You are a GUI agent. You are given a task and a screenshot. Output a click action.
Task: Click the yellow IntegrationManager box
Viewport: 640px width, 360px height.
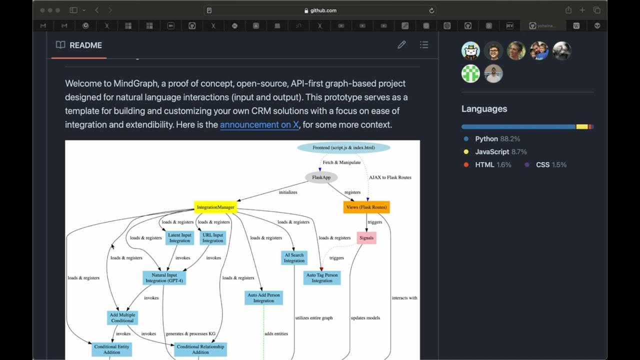point(215,207)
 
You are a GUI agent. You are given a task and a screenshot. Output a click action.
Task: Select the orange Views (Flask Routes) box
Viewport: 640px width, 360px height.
point(366,207)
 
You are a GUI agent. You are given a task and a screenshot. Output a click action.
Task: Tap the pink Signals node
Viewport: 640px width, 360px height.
point(366,238)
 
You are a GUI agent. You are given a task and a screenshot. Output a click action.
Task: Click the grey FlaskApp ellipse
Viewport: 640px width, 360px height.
point(321,177)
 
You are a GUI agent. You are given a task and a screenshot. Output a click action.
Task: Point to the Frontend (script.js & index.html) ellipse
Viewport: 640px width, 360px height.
point(343,147)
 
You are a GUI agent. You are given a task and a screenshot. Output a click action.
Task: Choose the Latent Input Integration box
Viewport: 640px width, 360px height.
point(179,238)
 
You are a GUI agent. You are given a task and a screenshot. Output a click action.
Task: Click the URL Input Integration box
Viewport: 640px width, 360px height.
point(212,238)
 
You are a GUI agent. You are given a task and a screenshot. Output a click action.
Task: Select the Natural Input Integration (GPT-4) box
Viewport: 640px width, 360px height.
point(164,278)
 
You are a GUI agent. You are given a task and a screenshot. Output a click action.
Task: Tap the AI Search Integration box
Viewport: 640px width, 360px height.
point(294,258)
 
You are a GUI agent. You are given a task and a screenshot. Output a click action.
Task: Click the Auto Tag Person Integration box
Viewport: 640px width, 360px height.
point(322,278)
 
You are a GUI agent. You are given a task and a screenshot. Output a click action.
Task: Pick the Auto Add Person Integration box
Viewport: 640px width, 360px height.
point(263,298)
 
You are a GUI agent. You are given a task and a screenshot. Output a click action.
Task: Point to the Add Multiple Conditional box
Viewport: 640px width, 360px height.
point(122,318)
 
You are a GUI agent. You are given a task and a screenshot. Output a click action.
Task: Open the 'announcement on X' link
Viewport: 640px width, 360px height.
point(259,124)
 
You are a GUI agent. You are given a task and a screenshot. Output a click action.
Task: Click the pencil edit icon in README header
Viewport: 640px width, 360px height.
point(401,45)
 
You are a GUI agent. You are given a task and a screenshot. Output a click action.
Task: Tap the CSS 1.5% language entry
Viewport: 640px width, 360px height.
point(550,165)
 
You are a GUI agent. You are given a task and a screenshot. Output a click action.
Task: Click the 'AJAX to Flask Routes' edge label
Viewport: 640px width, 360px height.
point(390,177)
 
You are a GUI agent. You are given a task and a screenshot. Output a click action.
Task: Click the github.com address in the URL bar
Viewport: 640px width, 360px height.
point(323,10)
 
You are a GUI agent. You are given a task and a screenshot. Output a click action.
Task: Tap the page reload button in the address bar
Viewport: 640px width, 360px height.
point(431,10)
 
